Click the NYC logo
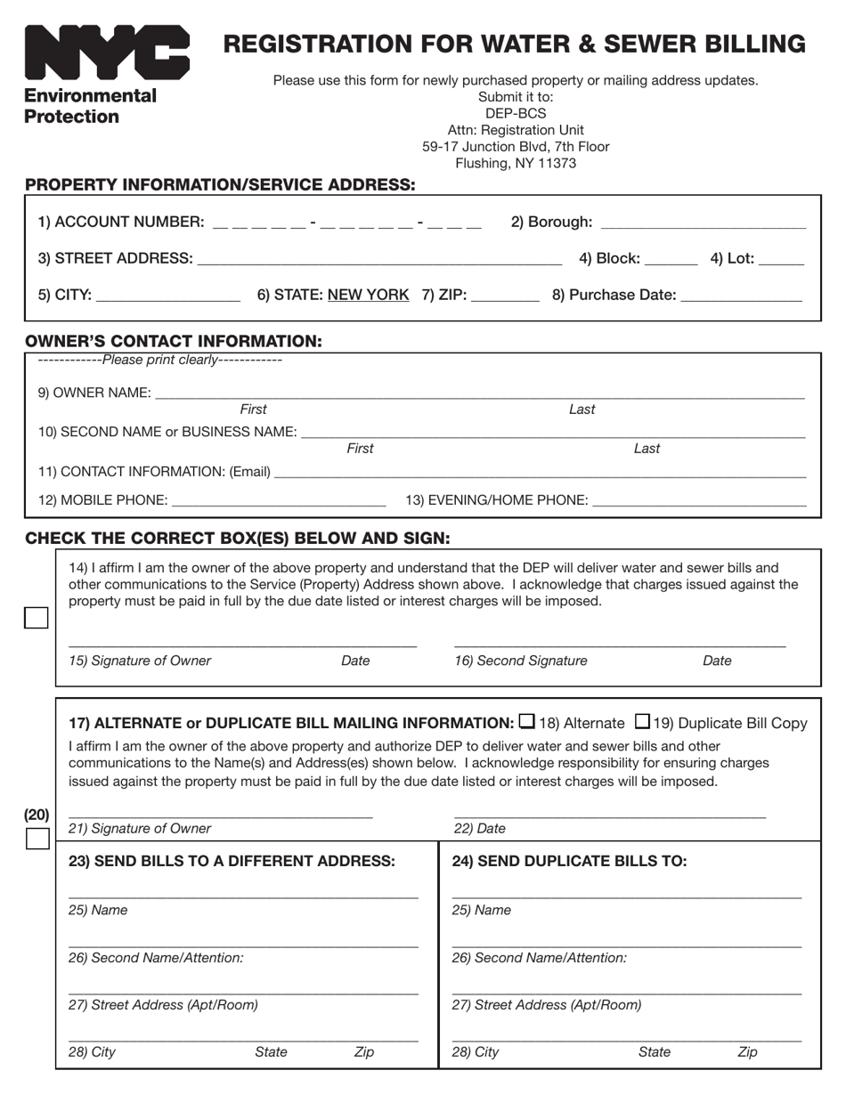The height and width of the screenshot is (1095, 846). (107, 53)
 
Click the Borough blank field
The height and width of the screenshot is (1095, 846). (704, 224)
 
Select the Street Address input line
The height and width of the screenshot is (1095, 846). (379, 261)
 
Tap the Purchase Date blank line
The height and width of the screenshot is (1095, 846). (741, 297)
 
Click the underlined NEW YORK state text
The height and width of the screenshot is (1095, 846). (369, 295)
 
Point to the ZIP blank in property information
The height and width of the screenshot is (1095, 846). (505, 297)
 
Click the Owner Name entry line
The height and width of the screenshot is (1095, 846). (480, 394)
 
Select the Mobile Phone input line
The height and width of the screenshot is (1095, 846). (279, 503)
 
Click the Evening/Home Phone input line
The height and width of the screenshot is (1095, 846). (699, 503)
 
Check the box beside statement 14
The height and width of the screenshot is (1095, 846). (37, 618)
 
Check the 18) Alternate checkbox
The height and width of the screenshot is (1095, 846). (527, 721)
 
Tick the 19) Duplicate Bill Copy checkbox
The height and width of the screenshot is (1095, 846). (643, 721)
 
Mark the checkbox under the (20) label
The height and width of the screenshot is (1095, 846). (37, 839)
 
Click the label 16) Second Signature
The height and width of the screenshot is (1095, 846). (521, 661)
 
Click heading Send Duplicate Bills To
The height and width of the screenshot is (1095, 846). (569, 861)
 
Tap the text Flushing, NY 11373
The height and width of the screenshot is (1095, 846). (516, 163)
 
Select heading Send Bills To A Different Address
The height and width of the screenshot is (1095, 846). (232, 861)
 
